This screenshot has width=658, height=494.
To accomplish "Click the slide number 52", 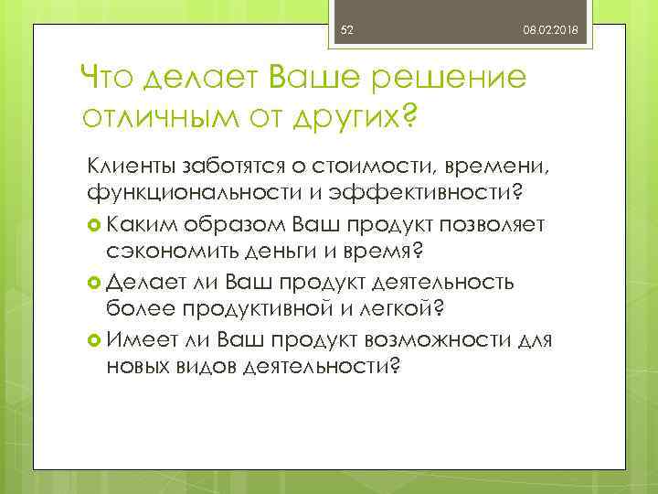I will click(x=346, y=31).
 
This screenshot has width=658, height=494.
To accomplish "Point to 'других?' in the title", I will click(x=346, y=119).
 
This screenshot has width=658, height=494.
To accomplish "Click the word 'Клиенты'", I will click(x=127, y=166).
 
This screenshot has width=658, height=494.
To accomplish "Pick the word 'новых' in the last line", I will click(x=137, y=366).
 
